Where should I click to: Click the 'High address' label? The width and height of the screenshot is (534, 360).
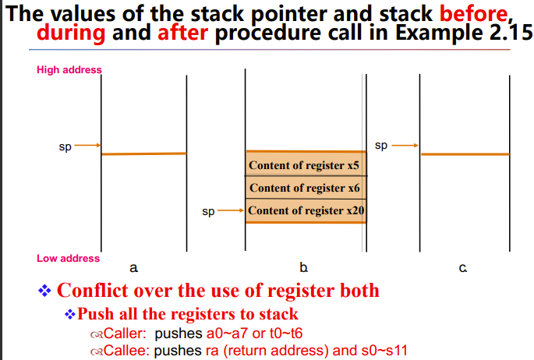[x=69, y=70]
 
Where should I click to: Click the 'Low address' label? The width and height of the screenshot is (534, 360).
[x=68, y=259]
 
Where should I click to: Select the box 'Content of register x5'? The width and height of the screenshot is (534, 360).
[x=305, y=165]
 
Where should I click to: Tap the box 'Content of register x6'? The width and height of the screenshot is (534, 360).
[x=305, y=188]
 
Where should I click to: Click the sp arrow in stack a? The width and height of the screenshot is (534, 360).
[x=88, y=145]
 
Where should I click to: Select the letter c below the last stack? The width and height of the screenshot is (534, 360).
[x=463, y=268]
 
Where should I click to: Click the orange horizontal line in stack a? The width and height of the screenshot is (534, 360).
[x=143, y=154]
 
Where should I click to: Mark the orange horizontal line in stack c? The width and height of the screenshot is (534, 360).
[x=465, y=154]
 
